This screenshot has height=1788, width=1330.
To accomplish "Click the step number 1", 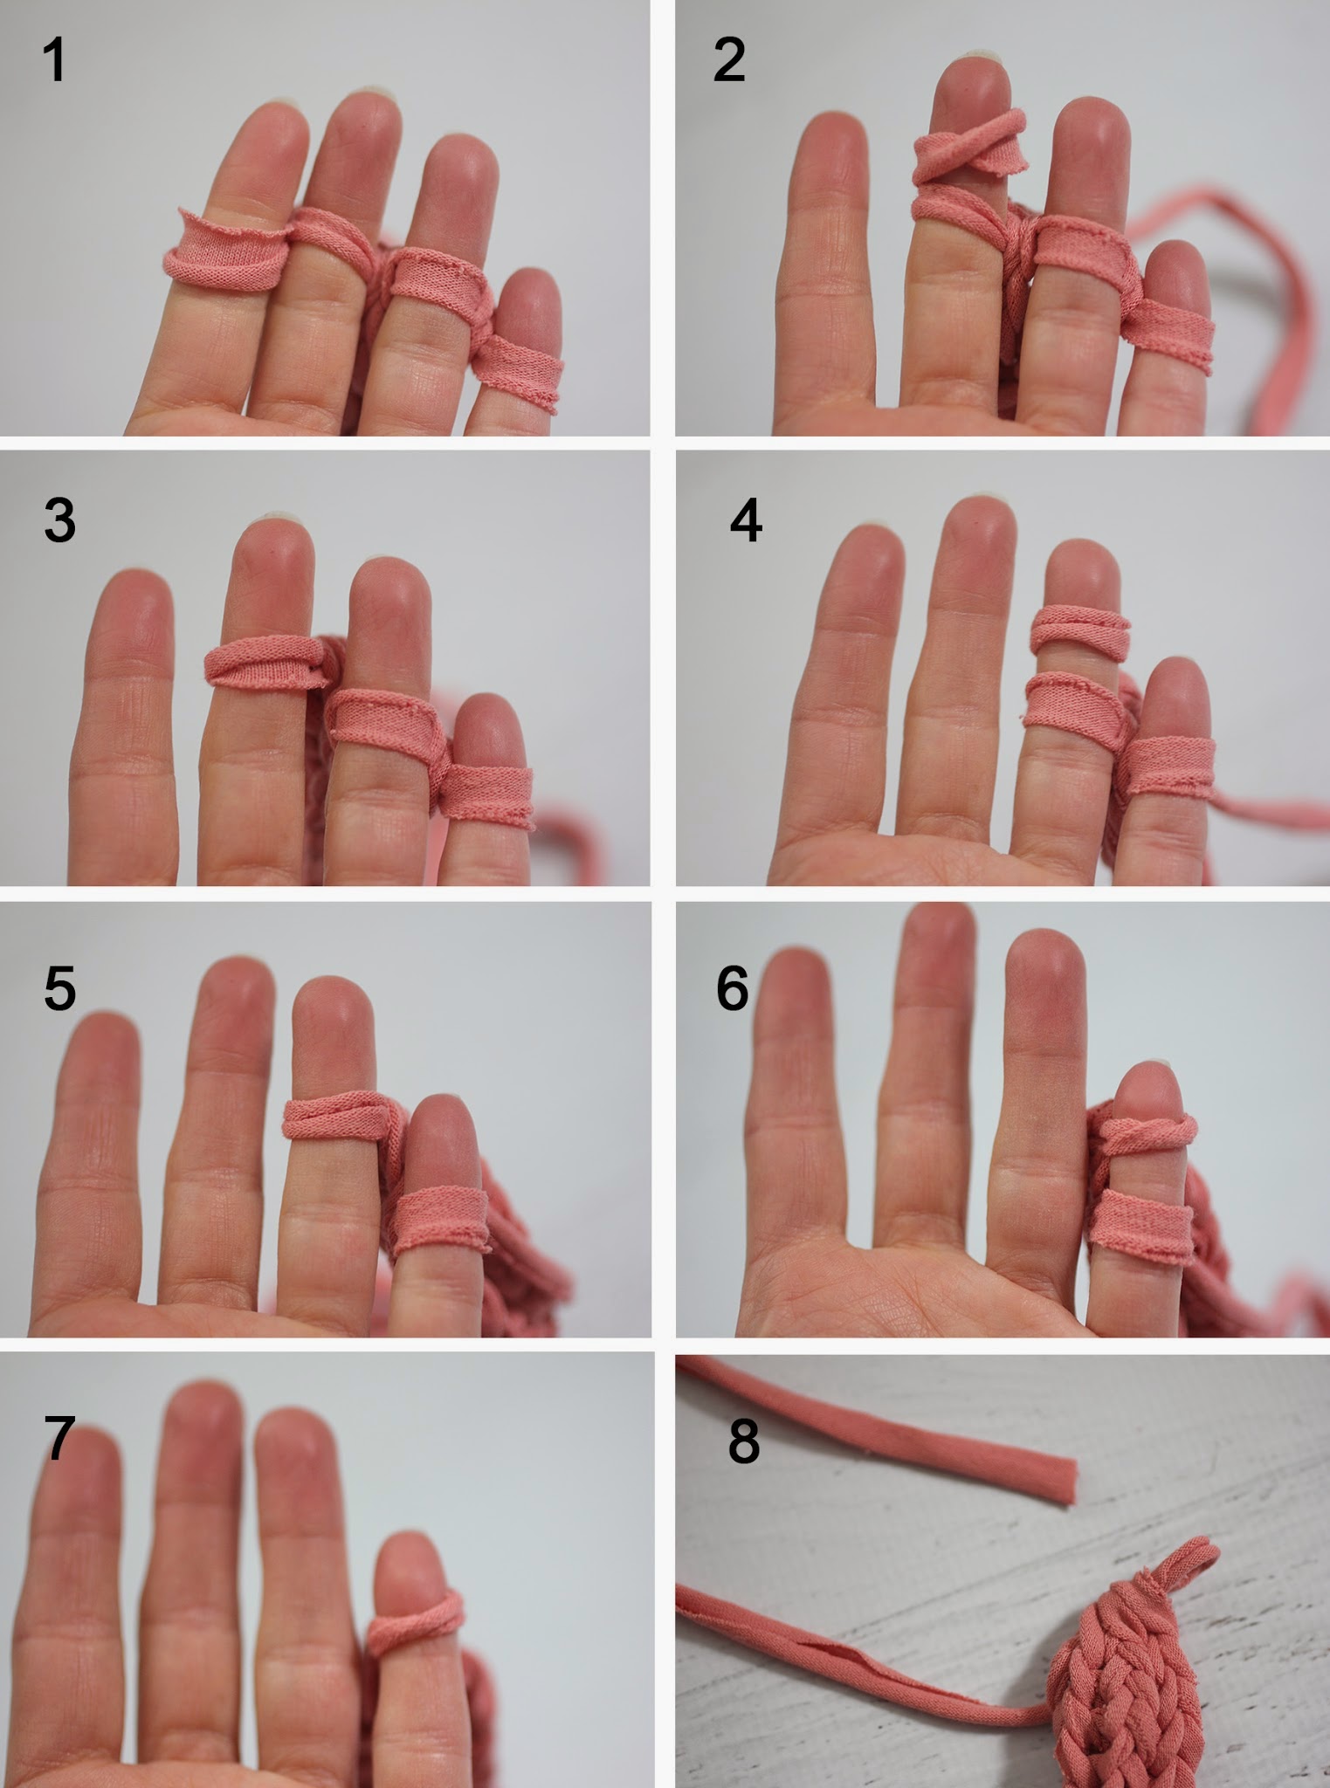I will pyautogui.click(x=54, y=60).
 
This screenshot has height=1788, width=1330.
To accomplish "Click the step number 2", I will pyautogui.click(x=729, y=60).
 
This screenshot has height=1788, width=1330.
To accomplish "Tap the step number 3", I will pyautogui.click(x=59, y=520).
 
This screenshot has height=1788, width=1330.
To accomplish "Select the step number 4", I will pyautogui.click(x=746, y=520).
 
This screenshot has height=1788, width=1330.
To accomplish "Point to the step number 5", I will pyautogui.click(x=59, y=988).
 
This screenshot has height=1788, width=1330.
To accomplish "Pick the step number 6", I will pyautogui.click(x=732, y=988).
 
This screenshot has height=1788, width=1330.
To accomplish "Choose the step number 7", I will pyautogui.click(x=59, y=1438).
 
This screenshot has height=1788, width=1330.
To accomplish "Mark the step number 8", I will pyautogui.click(x=743, y=1441).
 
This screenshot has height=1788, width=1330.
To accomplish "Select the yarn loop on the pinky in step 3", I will pyautogui.click(x=487, y=796).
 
